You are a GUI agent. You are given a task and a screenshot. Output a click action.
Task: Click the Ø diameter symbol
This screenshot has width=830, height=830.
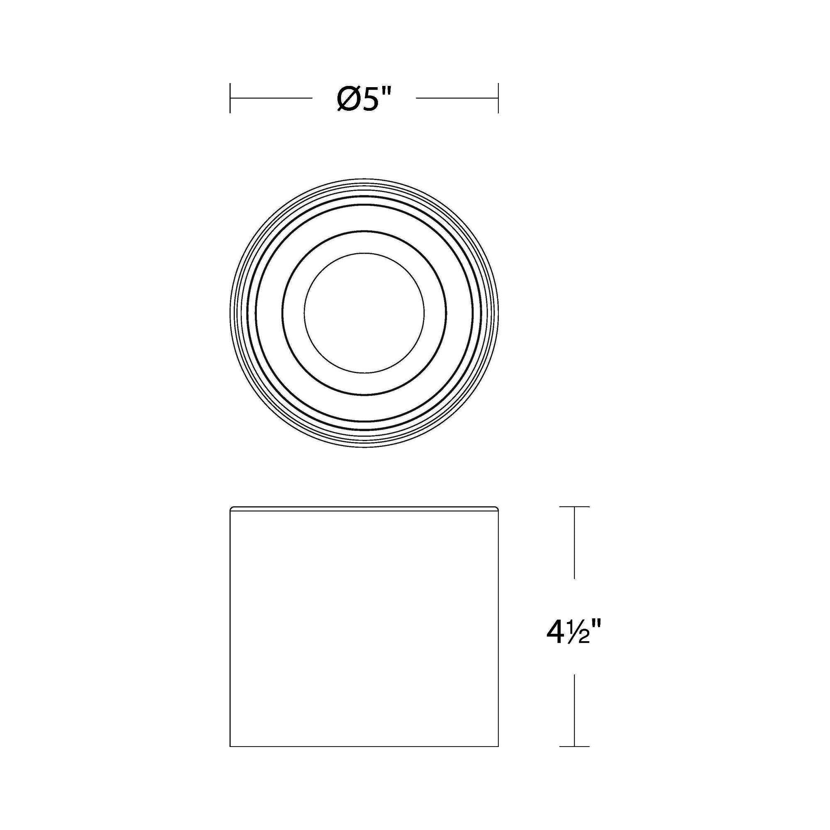tap(349, 98)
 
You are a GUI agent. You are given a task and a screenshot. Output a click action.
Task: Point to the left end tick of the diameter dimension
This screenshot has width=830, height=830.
tap(230, 98)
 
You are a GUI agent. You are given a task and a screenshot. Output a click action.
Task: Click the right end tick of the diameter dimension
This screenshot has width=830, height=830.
tap(498, 98)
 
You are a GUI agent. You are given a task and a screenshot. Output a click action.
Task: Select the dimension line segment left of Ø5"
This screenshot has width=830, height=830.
tap(271, 98)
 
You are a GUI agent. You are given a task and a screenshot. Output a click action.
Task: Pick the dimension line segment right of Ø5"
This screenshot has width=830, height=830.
tap(457, 98)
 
